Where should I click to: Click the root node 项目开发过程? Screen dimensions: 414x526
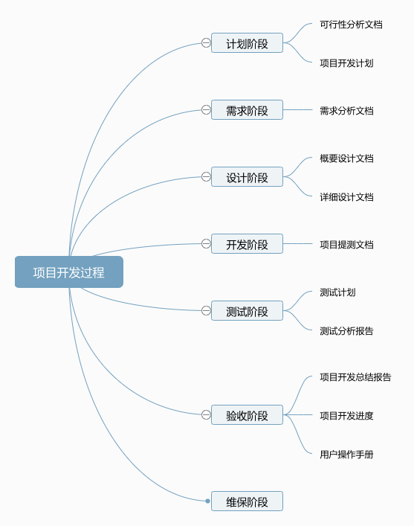point(69,272)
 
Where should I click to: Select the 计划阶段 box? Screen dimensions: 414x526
point(247,43)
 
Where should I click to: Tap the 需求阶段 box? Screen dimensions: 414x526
point(247,109)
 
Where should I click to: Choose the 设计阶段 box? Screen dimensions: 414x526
point(247,177)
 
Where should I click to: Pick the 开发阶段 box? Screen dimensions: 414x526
point(247,243)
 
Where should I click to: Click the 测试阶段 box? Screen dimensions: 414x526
point(247,311)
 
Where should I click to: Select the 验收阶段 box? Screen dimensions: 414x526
point(247,414)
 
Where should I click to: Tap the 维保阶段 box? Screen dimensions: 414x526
point(247,501)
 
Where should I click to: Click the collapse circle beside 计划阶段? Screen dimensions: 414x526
point(206,43)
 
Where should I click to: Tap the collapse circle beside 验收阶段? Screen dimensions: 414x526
point(206,414)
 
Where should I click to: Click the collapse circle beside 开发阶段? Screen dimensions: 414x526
point(206,243)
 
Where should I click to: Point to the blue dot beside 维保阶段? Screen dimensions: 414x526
point(208,501)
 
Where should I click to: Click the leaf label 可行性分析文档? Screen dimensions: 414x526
point(351,25)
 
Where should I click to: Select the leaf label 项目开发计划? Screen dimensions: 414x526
point(346,63)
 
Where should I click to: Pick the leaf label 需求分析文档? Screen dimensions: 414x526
point(346,111)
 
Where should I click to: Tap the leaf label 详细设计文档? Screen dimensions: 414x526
point(346,197)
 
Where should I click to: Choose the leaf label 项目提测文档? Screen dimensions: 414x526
point(346,245)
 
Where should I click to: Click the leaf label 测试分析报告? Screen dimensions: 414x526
point(346,331)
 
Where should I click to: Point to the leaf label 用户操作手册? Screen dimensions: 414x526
point(346,455)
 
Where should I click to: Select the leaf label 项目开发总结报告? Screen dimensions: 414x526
point(355,377)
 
